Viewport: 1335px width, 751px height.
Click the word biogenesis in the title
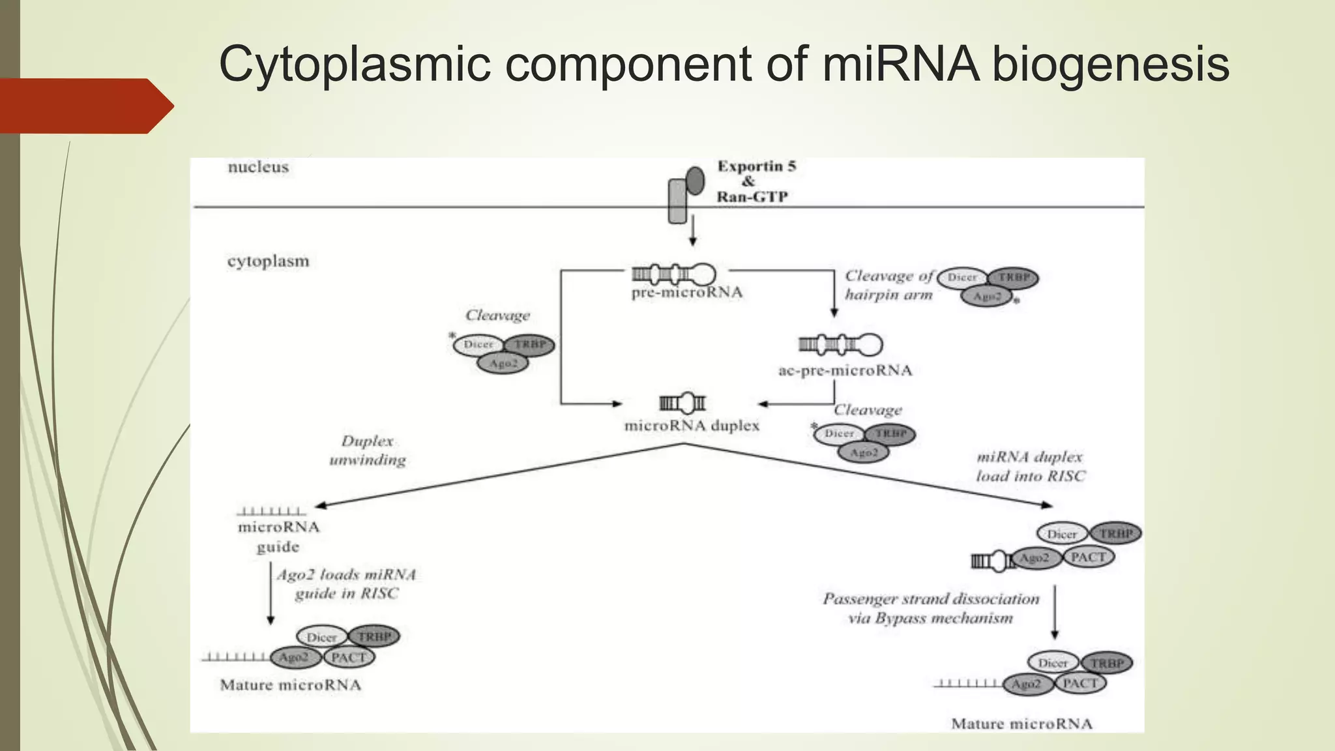click(x=1110, y=65)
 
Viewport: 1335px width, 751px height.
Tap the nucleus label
click(x=258, y=168)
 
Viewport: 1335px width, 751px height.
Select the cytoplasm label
click(x=268, y=261)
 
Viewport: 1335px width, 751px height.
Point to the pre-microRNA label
click(x=686, y=293)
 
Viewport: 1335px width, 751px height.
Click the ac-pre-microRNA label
click(x=845, y=371)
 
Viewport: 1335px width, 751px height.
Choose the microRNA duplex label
click(x=692, y=426)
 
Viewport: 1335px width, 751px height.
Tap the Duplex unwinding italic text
click(x=368, y=450)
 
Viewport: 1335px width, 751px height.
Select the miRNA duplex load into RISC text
click(x=1030, y=467)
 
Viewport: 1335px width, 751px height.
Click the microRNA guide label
click(x=278, y=537)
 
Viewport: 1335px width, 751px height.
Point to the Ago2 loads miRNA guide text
click(x=346, y=584)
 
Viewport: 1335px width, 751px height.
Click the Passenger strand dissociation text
click(x=931, y=608)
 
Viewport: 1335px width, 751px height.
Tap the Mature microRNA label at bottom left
click(x=290, y=685)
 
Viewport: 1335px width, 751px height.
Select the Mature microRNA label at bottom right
click(x=1021, y=724)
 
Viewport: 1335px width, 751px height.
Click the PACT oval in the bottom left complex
click(x=349, y=657)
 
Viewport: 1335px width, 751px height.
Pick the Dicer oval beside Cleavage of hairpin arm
click(x=962, y=278)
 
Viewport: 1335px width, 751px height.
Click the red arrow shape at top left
click(x=85, y=106)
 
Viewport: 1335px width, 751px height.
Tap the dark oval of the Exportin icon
click(x=696, y=181)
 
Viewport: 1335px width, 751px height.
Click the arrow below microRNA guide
click(x=271, y=593)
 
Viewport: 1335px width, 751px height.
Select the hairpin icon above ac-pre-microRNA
click(x=840, y=344)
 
